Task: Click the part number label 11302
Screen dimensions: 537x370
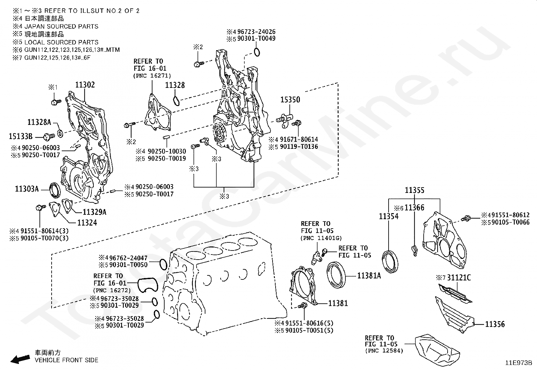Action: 85,85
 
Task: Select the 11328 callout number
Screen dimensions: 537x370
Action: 175,85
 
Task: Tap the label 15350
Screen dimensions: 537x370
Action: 290,100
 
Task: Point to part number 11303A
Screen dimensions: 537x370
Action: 27,189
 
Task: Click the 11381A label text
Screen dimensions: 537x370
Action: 369,276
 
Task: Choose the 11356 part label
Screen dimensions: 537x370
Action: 495,324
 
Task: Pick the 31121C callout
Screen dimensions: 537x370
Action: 459,278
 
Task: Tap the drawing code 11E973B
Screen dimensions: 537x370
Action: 518,363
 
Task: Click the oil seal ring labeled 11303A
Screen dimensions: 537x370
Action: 55,190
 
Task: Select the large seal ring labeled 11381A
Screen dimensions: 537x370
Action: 336,275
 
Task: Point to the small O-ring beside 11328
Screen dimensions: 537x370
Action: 176,101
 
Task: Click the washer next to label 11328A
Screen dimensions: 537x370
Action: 60,133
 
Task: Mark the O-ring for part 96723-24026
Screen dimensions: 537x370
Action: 257,52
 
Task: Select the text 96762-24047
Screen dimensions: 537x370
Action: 128,258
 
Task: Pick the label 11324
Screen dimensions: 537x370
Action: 87,223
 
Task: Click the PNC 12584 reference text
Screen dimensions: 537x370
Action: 384,351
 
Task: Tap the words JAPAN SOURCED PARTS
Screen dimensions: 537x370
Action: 61,26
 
